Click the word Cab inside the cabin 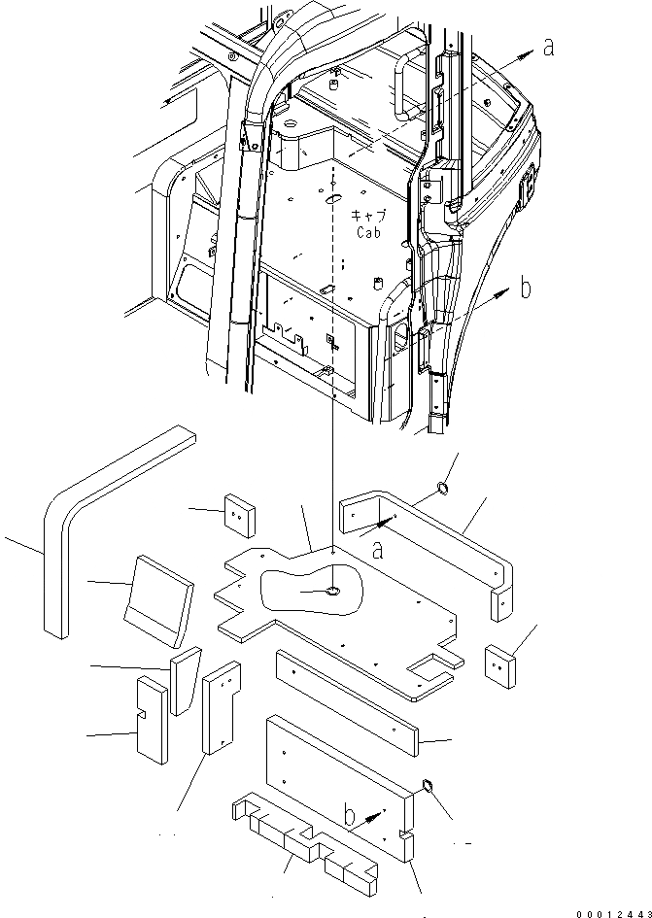(367, 233)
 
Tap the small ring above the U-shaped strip (442, 488)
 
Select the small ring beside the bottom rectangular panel (426, 785)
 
